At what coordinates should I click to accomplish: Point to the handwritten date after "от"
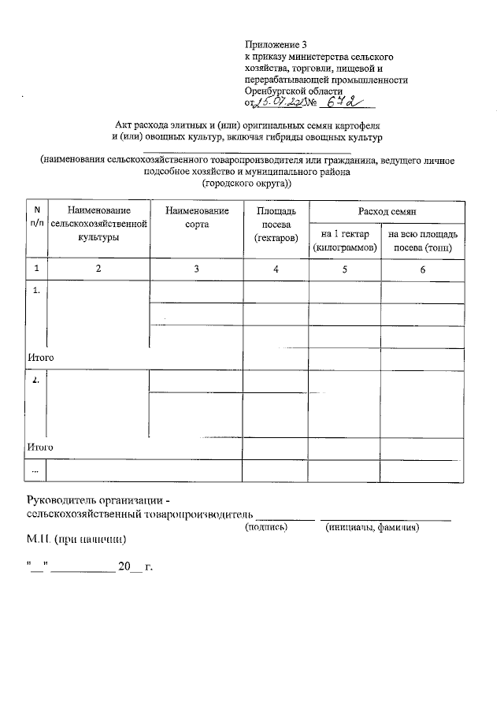(x=279, y=102)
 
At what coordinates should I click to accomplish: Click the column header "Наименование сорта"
(x=197, y=217)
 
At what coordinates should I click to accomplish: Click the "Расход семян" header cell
(x=387, y=211)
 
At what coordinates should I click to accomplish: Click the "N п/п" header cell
(x=35, y=217)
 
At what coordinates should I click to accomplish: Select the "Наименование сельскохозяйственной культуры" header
(x=98, y=223)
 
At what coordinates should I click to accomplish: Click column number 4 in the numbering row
(x=276, y=269)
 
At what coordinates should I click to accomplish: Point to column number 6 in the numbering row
(x=422, y=269)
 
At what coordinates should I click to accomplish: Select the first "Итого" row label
(x=40, y=357)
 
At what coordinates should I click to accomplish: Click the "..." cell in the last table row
(x=35, y=470)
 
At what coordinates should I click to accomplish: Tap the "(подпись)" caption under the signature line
(x=268, y=527)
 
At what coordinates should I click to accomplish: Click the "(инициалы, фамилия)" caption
(x=372, y=527)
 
